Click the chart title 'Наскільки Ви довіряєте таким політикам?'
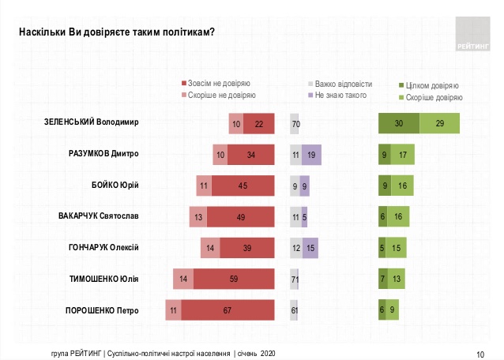(117, 31)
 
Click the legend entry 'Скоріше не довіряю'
(218, 95)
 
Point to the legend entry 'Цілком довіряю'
(431, 85)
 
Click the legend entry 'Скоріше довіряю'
(432, 97)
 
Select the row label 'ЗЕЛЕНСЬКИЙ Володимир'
(91, 124)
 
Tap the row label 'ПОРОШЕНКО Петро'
(102, 310)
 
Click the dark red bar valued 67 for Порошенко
(228, 310)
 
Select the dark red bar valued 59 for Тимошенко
(233, 279)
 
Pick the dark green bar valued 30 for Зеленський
(398, 124)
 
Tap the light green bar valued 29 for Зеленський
(439, 124)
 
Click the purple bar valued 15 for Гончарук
(310, 248)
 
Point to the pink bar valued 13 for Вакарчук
(198, 217)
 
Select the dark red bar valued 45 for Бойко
(243, 186)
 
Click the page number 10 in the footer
(480, 353)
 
